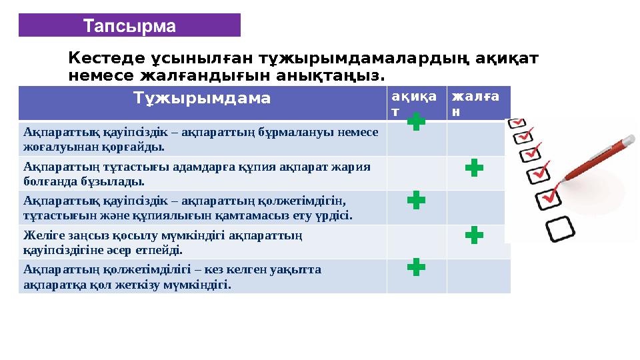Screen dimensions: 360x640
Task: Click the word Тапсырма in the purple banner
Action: coord(129,26)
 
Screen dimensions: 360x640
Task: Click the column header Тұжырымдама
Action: coord(202,99)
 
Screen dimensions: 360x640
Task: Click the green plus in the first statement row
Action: coord(416,122)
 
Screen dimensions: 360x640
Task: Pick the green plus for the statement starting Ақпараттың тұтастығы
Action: coord(474,168)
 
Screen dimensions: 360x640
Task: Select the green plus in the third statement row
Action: coord(416,200)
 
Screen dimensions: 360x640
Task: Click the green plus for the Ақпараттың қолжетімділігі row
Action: coord(416,268)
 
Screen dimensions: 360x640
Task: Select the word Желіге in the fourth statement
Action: coord(41,235)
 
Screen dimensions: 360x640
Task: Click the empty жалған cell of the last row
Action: coord(478,276)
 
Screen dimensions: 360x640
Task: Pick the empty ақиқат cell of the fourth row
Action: coord(416,241)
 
